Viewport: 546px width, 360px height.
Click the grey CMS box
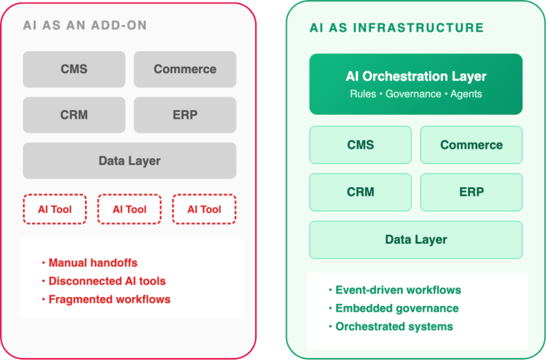coord(74,69)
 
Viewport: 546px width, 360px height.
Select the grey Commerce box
coord(185,69)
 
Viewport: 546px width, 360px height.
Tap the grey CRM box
coord(74,115)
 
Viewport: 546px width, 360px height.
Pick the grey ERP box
coord(185,115)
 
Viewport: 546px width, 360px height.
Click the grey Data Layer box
coord(129,160)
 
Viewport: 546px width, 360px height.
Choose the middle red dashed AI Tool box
coord(129,209)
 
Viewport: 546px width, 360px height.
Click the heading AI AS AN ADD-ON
coord(84,26)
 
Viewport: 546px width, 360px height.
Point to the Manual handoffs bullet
coord(93,263)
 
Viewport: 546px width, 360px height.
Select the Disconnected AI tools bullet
coord(107,281)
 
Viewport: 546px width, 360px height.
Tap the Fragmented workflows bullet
coord(109,299)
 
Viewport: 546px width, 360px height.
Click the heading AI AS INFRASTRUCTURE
coord(396,28)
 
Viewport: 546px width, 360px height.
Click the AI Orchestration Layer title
coord(415,77)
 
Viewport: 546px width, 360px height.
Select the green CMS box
coord(360,144)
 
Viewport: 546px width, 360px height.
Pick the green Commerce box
coord(471,144)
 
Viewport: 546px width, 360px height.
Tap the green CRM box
coord(360,191)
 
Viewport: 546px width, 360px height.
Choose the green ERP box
coord(471,191)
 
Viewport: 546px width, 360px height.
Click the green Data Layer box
coord(415,240)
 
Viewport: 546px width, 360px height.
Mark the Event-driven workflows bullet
coord(398,290)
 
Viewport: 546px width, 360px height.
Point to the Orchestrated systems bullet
coord(394,326)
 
